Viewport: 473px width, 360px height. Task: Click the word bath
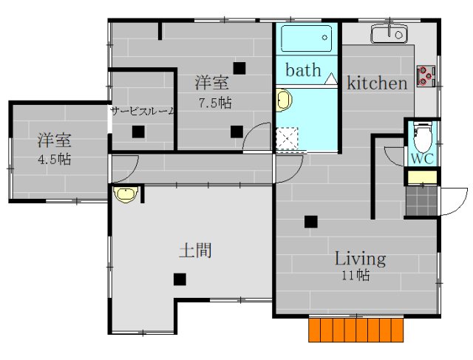(303, 71)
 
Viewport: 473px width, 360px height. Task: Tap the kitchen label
(377, 83)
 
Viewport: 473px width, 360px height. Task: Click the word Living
(360, 259)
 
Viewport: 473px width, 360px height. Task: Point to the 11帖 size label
(355, 276)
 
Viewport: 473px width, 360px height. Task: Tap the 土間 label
(195, 251)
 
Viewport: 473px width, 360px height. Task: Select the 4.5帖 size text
(55, 159)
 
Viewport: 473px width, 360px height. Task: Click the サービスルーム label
(143, 112)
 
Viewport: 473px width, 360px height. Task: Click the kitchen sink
(388, 34)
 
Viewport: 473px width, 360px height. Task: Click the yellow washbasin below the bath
(282, 102)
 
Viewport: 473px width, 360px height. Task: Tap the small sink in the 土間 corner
(124, 194)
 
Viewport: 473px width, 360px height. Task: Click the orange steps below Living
(358, 330)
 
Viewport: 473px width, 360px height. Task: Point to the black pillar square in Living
(310, 220)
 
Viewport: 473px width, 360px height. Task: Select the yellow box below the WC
(422, 177)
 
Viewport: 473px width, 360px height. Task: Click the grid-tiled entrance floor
(421, 200)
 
